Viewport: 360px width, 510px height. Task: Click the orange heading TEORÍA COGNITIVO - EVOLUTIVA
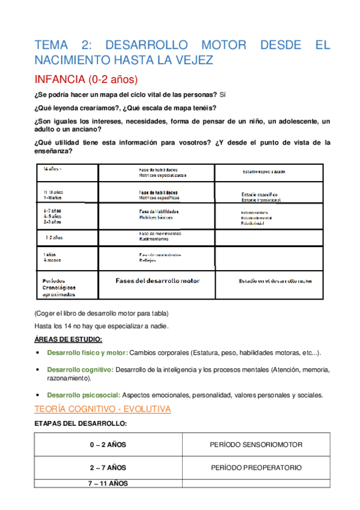[103, 409]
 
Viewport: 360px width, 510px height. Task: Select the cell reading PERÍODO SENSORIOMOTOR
[256, 444]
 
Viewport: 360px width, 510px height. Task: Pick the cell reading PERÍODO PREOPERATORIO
[256, 467]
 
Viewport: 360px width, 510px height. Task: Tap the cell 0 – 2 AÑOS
[108, 444]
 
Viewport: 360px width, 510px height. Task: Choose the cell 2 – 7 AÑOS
[108, 467]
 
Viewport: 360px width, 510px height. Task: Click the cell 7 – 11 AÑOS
[108, 483]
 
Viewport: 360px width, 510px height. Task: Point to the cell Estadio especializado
[264, 172]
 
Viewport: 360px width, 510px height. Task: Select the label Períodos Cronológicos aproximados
[59, 288]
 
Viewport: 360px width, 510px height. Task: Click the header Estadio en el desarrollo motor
[267, 281]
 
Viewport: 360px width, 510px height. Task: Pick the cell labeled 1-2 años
[53, 238]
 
